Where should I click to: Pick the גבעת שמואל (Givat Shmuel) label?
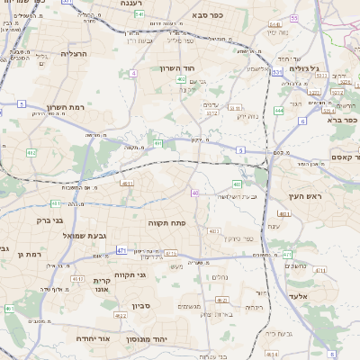tap(55, 236)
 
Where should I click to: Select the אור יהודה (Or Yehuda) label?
tap(92, 338)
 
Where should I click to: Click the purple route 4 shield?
tap(134, 73)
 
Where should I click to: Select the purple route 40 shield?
tap(194, 193)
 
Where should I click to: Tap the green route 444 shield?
tap(279, 110)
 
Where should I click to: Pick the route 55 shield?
tap(294, 18)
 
